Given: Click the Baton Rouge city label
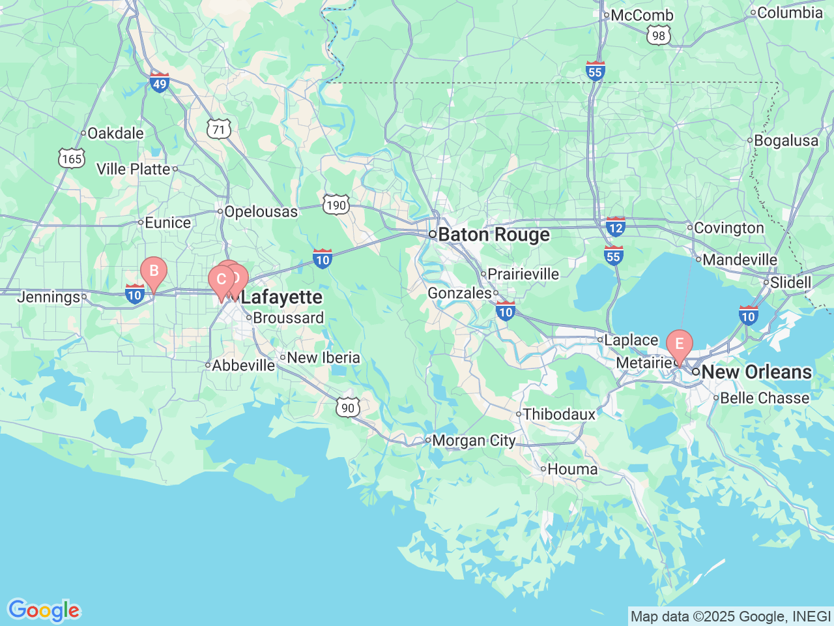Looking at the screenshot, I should tap(493, 235).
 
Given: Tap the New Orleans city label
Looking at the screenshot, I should tap(756, 372).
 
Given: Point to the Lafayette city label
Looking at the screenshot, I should tap(281, 297).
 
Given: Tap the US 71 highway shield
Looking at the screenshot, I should tap(219, 130).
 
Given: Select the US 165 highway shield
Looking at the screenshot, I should tap(72, 158).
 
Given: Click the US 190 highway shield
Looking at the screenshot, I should tap(336, 205).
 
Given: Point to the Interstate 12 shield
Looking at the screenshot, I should tap(616, 227).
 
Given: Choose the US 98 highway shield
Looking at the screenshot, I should tap(659, 35).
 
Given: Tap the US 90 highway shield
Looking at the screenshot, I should tap(348, 408).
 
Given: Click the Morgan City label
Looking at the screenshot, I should tap(474, 441).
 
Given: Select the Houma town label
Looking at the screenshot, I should tap(572, 469).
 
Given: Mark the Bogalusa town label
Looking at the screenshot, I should tap(786, 141).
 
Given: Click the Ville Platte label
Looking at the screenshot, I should tap(134, 170).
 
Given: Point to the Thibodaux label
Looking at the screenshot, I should tap(559, 414).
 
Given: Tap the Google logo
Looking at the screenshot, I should tap(44, 610).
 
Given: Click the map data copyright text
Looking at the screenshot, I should tap(730, 616).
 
